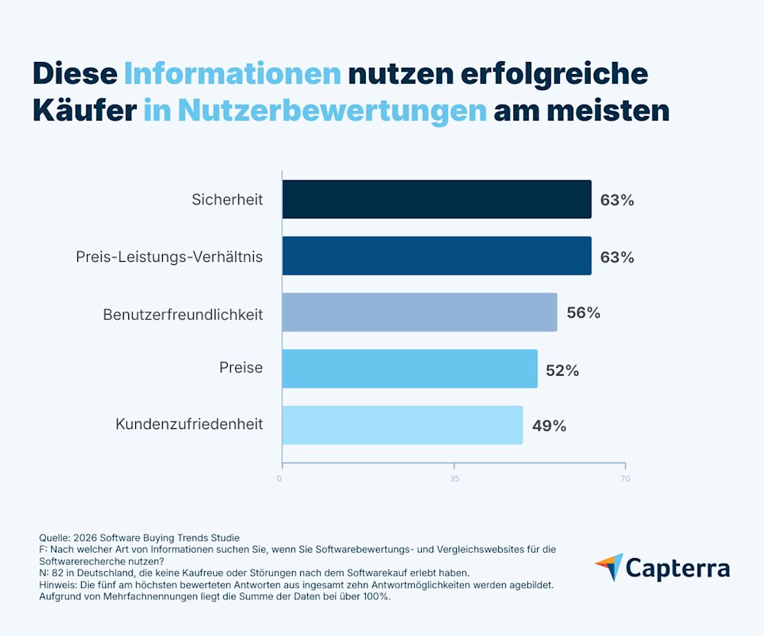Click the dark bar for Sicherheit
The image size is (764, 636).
436,199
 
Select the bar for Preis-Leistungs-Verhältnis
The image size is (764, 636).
436,256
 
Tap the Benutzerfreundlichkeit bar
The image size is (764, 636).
419,312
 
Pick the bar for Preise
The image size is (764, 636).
410,369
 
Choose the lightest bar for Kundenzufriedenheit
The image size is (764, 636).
403,425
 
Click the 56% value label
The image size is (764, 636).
583,313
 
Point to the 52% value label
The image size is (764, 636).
562,370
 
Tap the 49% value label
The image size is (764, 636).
549,426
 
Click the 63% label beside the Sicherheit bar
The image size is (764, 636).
617,201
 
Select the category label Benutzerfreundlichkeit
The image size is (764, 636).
183,314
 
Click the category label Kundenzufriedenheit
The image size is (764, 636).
189,425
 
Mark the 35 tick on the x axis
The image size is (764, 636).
455,479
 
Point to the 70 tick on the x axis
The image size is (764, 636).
625,479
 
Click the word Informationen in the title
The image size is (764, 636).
232,73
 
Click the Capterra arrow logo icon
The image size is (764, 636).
610,567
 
